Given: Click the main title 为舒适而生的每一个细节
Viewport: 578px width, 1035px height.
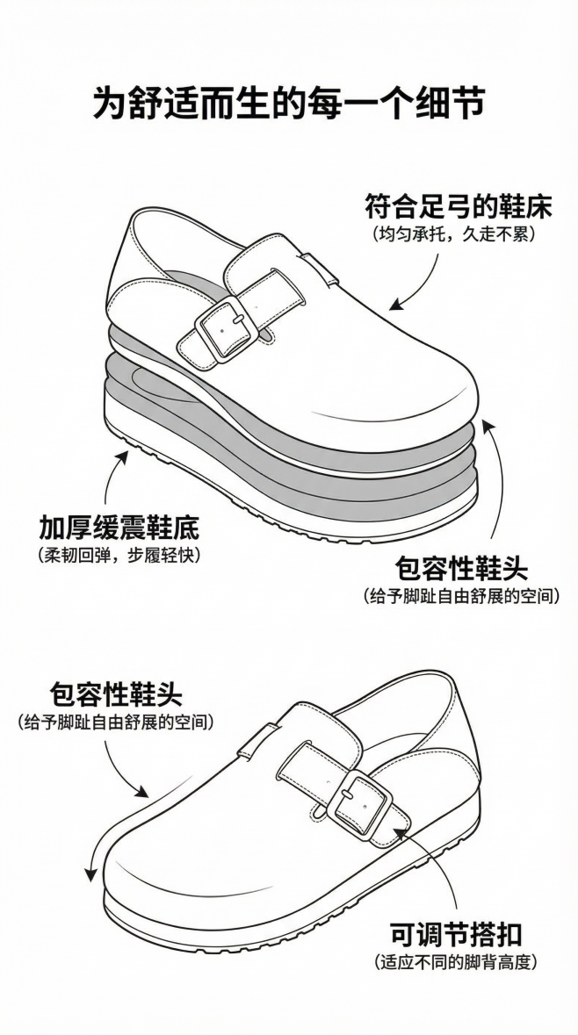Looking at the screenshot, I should [x=289, y=103].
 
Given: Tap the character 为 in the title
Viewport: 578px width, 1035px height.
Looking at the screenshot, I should [x=110, y=103].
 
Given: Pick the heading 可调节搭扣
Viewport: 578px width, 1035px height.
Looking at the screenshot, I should [x=456, y=934].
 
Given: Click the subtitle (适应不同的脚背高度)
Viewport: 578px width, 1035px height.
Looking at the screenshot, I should [x=455, y=962].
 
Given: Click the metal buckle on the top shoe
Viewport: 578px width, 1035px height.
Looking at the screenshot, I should [x=226, y=328].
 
